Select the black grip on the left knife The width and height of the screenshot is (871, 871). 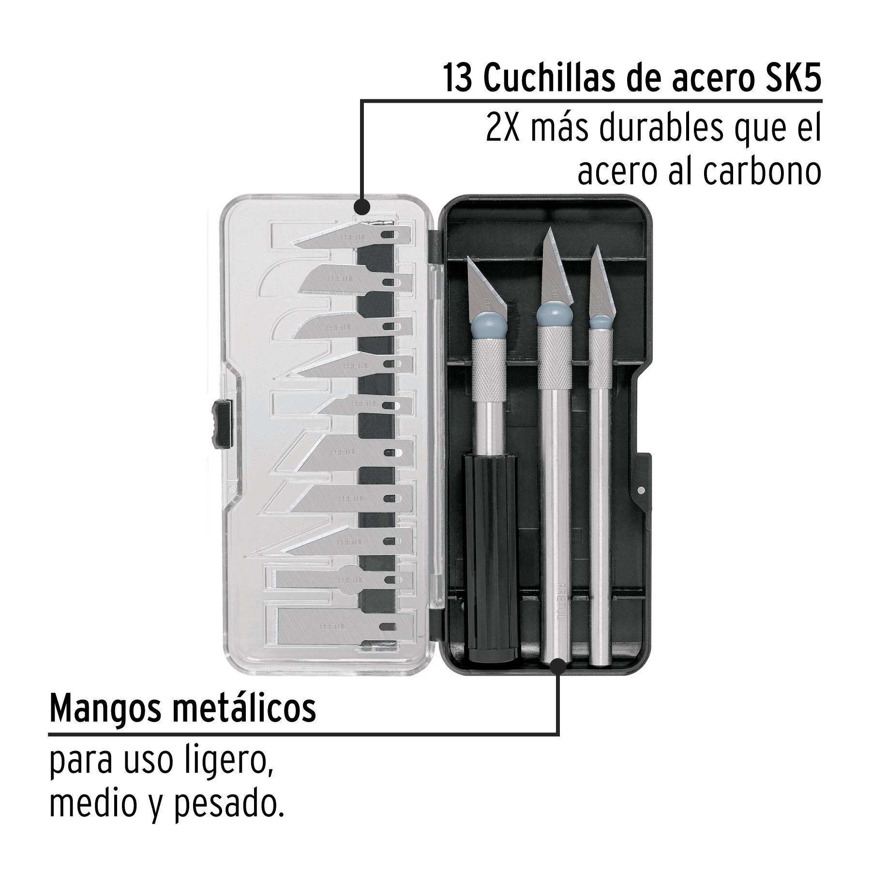click(490, 556)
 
